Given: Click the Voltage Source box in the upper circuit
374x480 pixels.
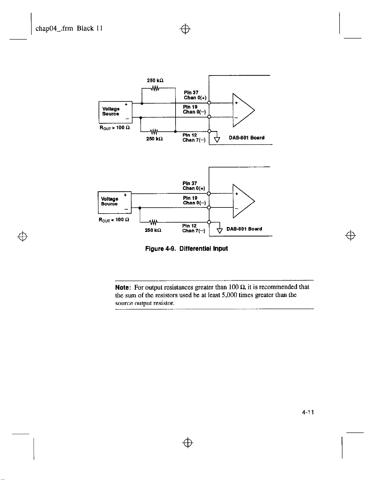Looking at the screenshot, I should click(x=115, y=112).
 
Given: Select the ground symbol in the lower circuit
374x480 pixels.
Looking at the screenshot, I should click(x=219, y=231).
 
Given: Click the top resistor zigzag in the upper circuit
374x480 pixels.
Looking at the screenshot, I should click(x=155, y=88).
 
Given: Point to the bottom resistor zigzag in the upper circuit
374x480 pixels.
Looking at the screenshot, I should click(x=154, y=132).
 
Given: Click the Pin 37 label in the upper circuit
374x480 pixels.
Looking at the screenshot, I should click(x=191, y=92).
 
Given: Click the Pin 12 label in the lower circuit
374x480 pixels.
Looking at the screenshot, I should click(x=189, y=226).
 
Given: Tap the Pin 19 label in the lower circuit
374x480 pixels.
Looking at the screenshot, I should click(x=190, y=198).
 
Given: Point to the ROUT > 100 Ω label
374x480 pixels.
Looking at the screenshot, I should click(x=115, y=128).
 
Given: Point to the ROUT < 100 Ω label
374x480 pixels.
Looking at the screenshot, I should click(x=114, y=220).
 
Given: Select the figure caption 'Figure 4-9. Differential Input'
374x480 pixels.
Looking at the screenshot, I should click(x=186, y=249).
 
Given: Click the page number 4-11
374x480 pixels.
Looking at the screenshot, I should click(x=308, y=412).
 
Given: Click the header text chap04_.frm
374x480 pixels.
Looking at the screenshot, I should click(x=54, y=28).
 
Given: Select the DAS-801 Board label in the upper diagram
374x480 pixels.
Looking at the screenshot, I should click(x=246, y=138).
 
